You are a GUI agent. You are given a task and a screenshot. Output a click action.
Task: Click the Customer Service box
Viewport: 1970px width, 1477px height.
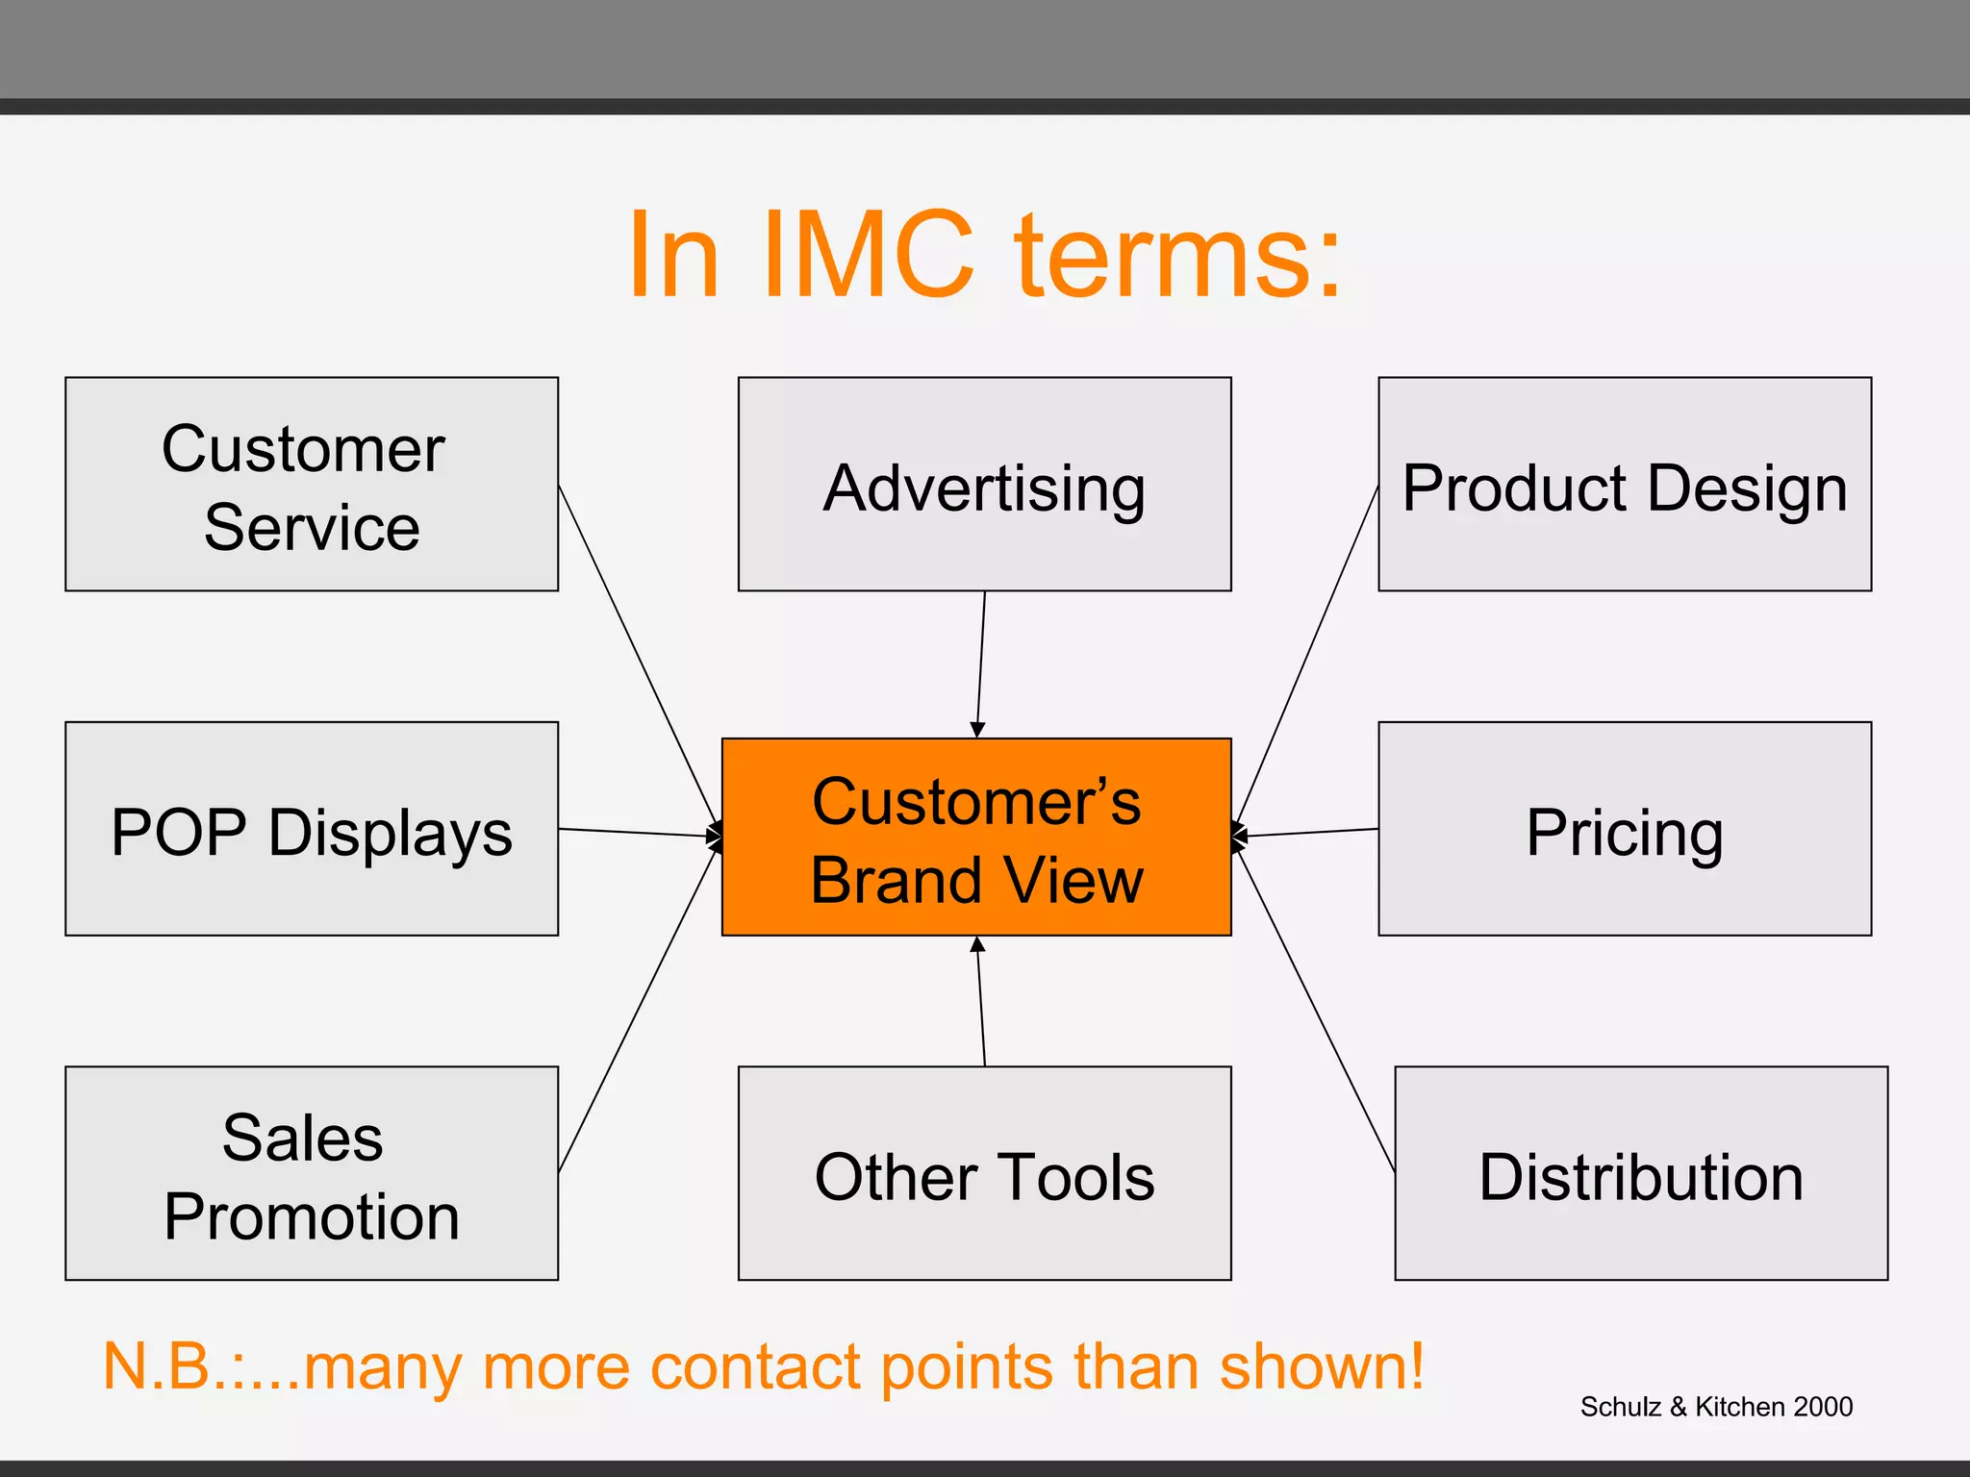[x=311, y=484]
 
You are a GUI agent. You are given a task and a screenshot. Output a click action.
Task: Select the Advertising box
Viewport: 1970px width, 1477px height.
[x=984, y=484]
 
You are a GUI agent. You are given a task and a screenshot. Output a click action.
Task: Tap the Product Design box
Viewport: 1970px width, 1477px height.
[x=1624, y=484]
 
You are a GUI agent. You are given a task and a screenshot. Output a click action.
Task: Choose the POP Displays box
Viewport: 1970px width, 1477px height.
[x=311, y=828]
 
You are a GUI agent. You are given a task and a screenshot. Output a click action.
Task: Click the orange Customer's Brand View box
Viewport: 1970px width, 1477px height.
[x=976, y=837]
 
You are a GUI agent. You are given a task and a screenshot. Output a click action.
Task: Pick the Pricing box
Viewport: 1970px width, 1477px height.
[x=1624, y=828]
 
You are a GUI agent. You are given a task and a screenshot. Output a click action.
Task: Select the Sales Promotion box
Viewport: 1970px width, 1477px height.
[x=311, y=1172]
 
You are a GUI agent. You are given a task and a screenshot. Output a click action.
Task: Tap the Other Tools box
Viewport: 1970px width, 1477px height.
[x=984, y=1172]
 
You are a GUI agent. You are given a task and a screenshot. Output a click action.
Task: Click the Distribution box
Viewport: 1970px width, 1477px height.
[x=1640, y=1172]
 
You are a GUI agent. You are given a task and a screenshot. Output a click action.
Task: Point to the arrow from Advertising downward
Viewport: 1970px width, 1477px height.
[x=981, y=663]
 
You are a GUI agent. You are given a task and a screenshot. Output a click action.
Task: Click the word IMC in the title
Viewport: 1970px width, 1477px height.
[x=868, y=256]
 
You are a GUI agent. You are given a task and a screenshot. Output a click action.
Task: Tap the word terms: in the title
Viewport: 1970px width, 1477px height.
[x=1177, y=256]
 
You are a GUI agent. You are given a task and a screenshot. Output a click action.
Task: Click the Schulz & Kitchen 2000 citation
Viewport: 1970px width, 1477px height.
[x=1715, y=1406]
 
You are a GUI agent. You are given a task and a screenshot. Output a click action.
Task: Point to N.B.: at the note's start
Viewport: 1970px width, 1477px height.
[x=173, y=1365]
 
